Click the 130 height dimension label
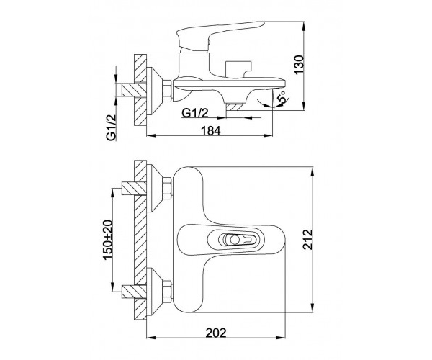(x=299, y=64)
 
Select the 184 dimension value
(x=211, y=131)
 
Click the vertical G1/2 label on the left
(x=111, y=128)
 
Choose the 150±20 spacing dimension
(x=108, y=240)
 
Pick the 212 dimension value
(x=307, y=240)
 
